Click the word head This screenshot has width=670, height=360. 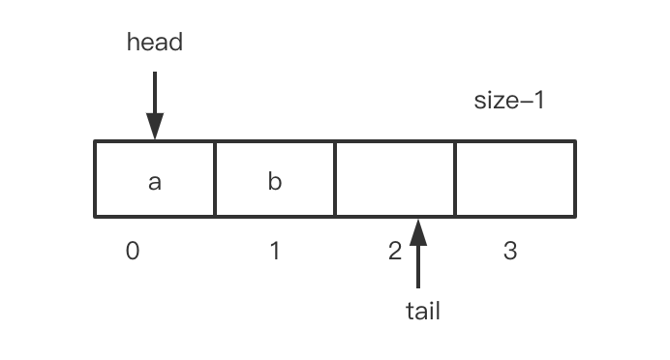pyautogui.click(x=154, y=43)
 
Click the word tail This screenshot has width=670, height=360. pyautogui.click(x=421, y=311)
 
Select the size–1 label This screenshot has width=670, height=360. pyautogui.click(x=509, y=100)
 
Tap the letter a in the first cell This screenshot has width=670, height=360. pyautogui.click(x=154, y=181)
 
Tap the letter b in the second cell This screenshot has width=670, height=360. pyautogui.click(x=274, y=181)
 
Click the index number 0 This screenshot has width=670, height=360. pyautogui.click(x=133, y=252)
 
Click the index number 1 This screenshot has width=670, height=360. pyautogui.click(x=275, y=252)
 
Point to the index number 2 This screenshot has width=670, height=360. pyautogui.click(x=394, y=252)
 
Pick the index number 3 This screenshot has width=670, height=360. pyautogui.click(x=510, y=252)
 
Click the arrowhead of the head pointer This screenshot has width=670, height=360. pyautogui.click(x=154, y=128)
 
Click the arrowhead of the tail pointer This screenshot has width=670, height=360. pyautogui.click(x=418, y=231)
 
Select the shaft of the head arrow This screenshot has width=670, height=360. pyautogui.click(x=154, y=92)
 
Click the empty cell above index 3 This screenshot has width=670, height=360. pyautogui.click(x=515, y=179)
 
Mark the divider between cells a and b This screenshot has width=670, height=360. pyautogui.click(x=214, y=179)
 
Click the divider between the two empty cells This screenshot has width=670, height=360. pyautogui.click(x=455, y=179)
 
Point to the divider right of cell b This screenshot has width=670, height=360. pyautogui.click(x=335, y=179)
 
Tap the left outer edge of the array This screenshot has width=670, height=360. pyautogui.click(x=95, y=179)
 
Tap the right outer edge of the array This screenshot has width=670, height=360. pyautogui.click(x=575, y=179)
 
